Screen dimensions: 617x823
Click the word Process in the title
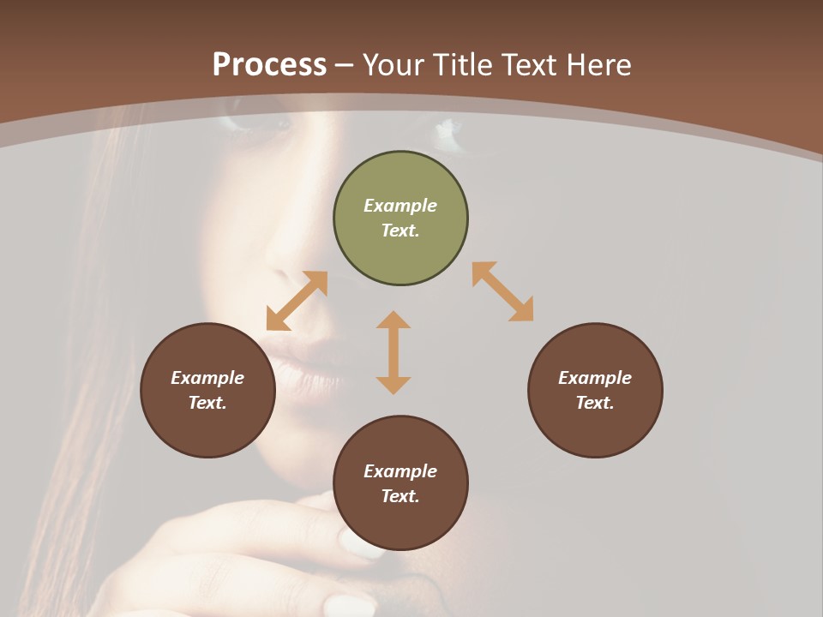click(269, 65)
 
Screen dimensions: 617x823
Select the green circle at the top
click(400, 219)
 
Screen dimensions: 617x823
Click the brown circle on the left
click(207, 391)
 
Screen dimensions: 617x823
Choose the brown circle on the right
click(595, 391)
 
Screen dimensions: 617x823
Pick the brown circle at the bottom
click(400, 483)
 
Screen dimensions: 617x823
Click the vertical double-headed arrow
click(393, 352)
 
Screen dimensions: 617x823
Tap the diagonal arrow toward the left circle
click(297, 301)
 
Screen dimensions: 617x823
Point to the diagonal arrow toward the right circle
click(503, 291)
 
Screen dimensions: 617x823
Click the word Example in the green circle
click(400, 206)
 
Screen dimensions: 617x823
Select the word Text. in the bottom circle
click(400, 496)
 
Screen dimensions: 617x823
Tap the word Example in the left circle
click(207, 378)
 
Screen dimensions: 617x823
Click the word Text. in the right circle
click(595, 403)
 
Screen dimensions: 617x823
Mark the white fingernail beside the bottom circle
click(359, 544)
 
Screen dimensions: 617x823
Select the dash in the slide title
click(345, 66)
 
